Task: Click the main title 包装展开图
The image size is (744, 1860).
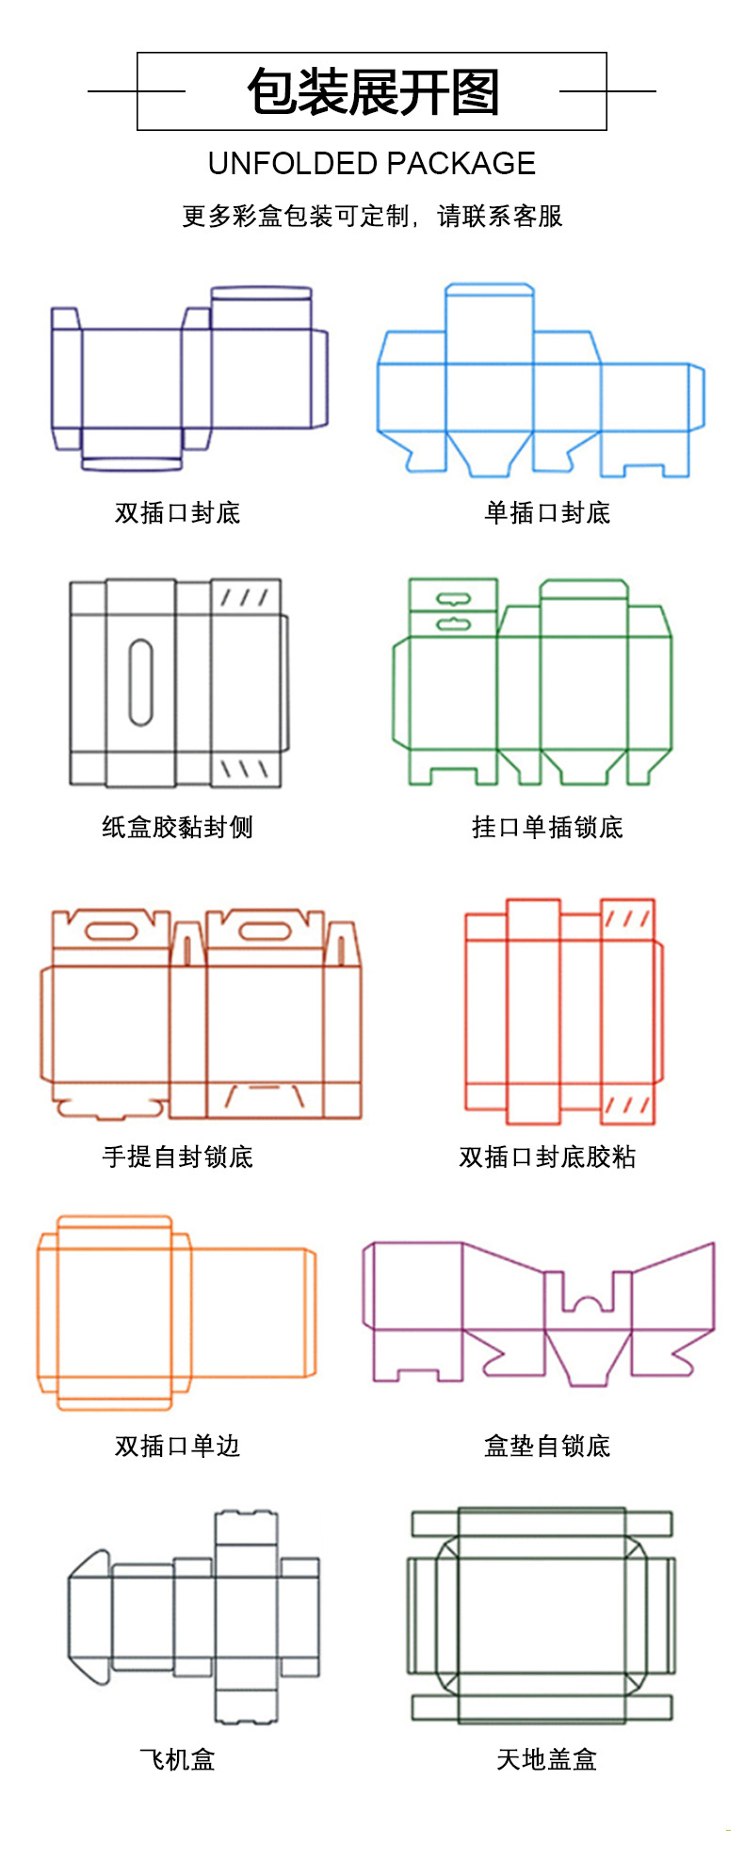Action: click(372, 92)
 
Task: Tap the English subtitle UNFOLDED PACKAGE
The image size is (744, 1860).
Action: click(372, 164)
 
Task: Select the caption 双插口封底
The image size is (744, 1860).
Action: click(177, 513)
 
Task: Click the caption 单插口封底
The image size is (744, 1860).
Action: click(547, 513)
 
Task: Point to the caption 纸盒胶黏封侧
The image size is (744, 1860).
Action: click(177, 828)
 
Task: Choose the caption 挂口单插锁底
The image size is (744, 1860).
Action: click(547, 828)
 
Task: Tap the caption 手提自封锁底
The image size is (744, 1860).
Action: click(177, 1156)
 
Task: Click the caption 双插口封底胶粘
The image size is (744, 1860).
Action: click(547, 1156)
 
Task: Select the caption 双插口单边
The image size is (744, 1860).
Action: click(177, 1446)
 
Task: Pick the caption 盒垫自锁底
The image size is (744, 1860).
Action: click(547, 1446)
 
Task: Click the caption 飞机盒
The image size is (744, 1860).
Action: click(177, 1759)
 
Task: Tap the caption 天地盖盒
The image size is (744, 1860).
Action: click(547, 1759)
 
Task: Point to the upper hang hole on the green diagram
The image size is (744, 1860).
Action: click(452, 597)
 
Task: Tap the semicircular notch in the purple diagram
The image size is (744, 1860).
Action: click(588, 1304)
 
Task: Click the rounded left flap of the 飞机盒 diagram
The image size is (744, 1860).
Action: click(90, 1616)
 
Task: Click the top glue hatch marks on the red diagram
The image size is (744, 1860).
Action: click(626, 918)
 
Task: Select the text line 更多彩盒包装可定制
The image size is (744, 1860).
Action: click(297, 217)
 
